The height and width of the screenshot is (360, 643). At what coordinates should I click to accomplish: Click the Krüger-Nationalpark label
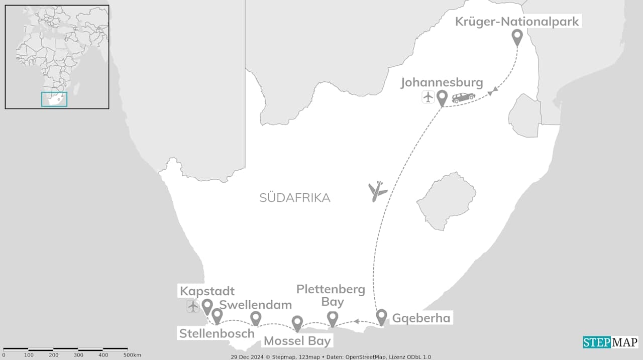[x=517, y=22]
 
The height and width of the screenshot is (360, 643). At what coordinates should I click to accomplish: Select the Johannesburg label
[x=442, y=82]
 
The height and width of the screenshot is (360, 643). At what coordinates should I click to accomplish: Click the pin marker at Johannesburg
[x=442, y=97]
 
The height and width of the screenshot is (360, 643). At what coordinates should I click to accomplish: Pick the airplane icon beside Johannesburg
[x=428, y=97]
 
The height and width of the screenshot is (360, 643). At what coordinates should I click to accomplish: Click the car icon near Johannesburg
[x=463, y=98]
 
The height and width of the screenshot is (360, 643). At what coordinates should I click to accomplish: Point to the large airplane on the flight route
[x=377, y=191]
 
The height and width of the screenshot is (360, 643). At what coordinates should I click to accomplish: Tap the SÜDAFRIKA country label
[x=295, y=198]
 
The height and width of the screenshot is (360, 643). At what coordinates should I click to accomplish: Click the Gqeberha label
[x=421, y=318]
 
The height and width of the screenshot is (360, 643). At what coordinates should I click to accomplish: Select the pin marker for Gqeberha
[x=381, y=316]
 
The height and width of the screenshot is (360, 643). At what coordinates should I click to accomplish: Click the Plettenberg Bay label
[x=331, y=295]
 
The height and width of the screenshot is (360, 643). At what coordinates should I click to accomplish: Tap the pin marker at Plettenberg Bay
[x=332, y=318]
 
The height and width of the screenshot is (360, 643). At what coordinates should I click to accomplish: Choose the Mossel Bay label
[x=297, y=341]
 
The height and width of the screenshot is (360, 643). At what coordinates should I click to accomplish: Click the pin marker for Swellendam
[x=256, y=318]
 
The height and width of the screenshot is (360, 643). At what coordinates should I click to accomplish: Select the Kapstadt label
[x=207, y=291]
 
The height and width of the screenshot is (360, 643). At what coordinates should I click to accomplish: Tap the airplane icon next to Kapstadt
[x=193, y=306]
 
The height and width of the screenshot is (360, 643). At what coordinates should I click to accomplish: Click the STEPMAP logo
[x=610, y=342]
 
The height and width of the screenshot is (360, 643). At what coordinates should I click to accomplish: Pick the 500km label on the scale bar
[x=132, y=355]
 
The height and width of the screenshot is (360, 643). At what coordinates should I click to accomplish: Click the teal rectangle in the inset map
[x=54, y=99]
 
